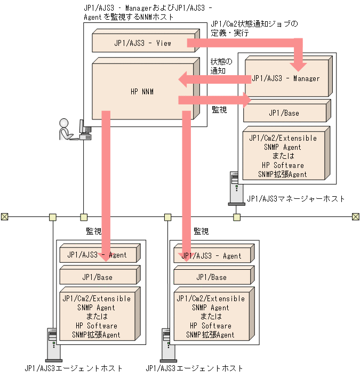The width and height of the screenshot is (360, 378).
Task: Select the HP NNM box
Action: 141,92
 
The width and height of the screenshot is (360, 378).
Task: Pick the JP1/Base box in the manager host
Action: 284,113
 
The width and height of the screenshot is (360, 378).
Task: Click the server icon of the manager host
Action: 234,187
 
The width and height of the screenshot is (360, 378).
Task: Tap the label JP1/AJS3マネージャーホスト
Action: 295,199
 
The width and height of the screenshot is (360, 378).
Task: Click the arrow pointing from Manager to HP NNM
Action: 213,80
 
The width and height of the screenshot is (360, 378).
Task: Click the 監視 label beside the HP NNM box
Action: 219,110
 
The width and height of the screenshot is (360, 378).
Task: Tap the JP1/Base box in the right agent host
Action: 211,277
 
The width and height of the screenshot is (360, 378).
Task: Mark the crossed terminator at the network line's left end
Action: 4,216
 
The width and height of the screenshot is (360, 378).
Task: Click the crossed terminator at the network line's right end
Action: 356,216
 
